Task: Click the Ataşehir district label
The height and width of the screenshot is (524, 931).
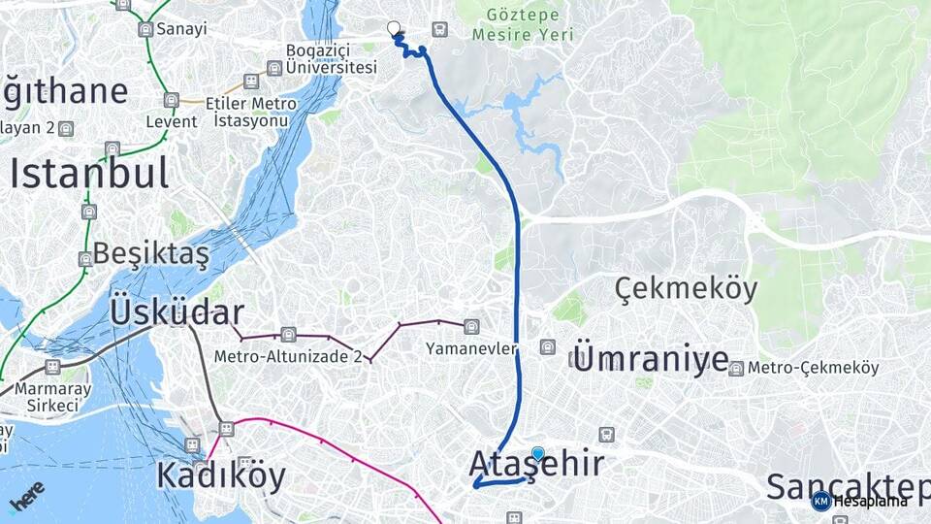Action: tap(536, 464)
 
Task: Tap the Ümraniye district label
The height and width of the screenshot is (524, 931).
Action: tap(651, 359)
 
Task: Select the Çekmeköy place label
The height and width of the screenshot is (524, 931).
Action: tap(687, 289)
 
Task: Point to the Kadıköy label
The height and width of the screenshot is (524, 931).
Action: tap(221, 476)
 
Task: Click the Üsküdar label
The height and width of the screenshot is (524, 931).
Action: tap(176, 312)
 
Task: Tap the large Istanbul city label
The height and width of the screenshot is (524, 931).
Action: tap(89, 174)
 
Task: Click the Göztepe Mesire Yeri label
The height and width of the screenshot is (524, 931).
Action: tap(523, 26)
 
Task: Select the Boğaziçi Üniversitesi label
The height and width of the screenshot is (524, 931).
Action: tap(331, 59)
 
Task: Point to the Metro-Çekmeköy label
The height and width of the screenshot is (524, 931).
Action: tap(813, 368)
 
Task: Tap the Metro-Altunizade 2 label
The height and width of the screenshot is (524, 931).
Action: tap(288, 356)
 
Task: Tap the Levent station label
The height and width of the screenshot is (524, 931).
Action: tap(171, 121)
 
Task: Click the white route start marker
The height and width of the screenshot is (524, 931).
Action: tap(394, 28)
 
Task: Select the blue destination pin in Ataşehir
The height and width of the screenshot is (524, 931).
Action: tap(538, 453)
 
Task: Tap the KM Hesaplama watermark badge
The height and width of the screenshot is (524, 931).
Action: tap(859, 501)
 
